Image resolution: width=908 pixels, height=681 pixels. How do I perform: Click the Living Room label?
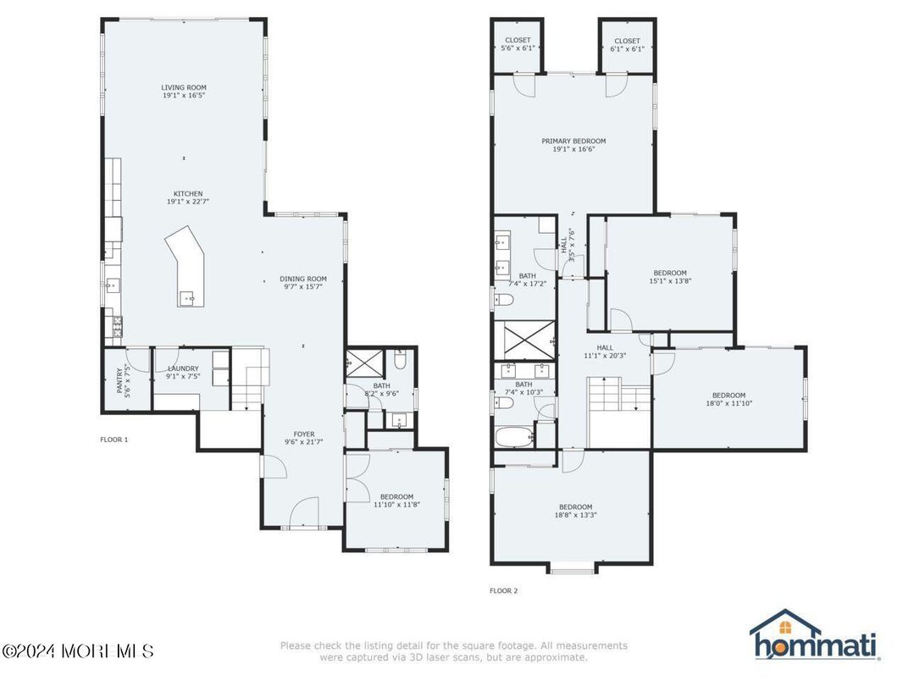coord(184,91)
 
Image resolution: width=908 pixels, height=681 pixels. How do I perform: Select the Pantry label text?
coord(123,381)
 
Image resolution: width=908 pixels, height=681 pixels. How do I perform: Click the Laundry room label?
coord(183,373)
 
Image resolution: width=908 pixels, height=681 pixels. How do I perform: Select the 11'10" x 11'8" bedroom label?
coord(396,501)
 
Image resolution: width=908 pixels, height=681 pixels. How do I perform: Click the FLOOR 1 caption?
coord(113,440)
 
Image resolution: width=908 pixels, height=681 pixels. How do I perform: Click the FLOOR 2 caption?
coord(503,590)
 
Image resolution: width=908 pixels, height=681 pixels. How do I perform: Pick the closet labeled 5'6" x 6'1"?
coord(518,44)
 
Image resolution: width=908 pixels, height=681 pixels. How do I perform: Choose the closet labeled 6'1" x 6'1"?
coord(627,44)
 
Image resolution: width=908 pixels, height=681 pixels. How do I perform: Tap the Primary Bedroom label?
coord(573,145)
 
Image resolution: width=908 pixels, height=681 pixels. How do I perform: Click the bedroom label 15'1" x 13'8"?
coord(669,276)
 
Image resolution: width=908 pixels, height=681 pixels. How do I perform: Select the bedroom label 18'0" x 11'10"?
coord(728,399)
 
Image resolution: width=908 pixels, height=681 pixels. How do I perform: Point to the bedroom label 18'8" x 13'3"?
coord(575,511)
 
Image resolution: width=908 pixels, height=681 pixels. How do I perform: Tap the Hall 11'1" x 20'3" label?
coord(605,352)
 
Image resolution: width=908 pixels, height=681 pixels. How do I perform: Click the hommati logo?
coord(814,636)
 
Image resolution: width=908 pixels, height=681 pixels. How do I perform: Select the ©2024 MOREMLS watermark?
coord(78,651)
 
